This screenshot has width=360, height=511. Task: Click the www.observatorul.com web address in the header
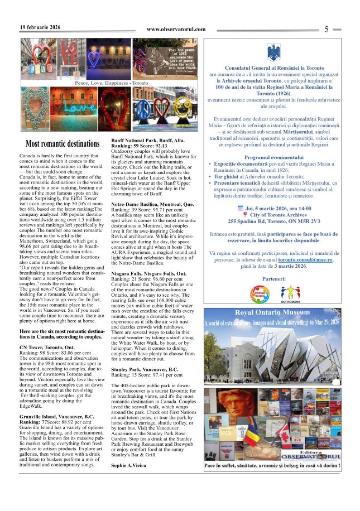tap(176, 30)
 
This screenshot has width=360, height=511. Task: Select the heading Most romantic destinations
tap(63, 144)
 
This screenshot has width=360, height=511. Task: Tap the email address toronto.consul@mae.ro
tap(305, 260)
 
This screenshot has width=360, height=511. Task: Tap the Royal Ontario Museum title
tap(272, 328)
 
